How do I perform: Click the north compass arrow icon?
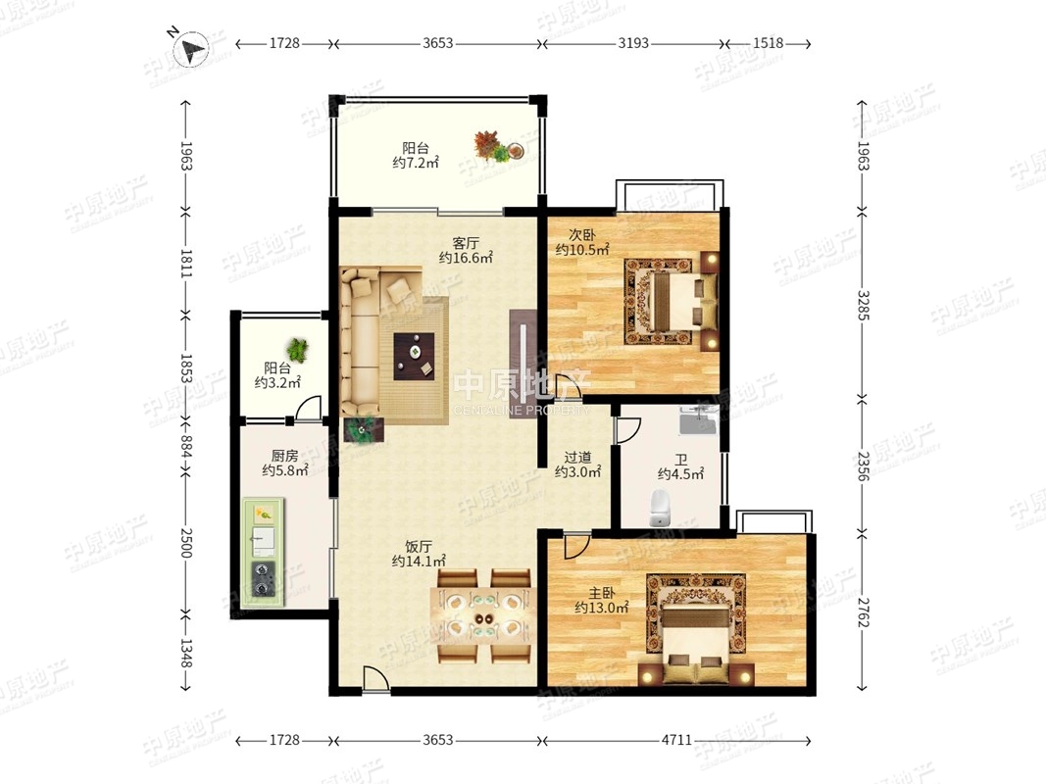pos(191,49)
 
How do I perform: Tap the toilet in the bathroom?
pos(659,508)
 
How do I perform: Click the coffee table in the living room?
pos(415,356)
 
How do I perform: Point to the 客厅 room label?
pos(466,242)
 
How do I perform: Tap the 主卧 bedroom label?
pos(602,593)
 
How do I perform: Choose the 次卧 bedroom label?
pos(582,234)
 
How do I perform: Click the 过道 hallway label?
pos(577,458)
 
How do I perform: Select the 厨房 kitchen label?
pos(285,456)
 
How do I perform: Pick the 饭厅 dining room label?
pos(419,547)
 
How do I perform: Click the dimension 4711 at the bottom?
pos(676,740)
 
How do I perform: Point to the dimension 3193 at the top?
pos(633,43)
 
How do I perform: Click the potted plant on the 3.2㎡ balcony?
pos(297,349)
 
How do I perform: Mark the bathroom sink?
pos(697,418)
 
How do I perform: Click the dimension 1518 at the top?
pos(768,43)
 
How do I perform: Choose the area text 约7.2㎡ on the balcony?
pos(416,163)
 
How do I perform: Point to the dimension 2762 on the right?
pos(864,612)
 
